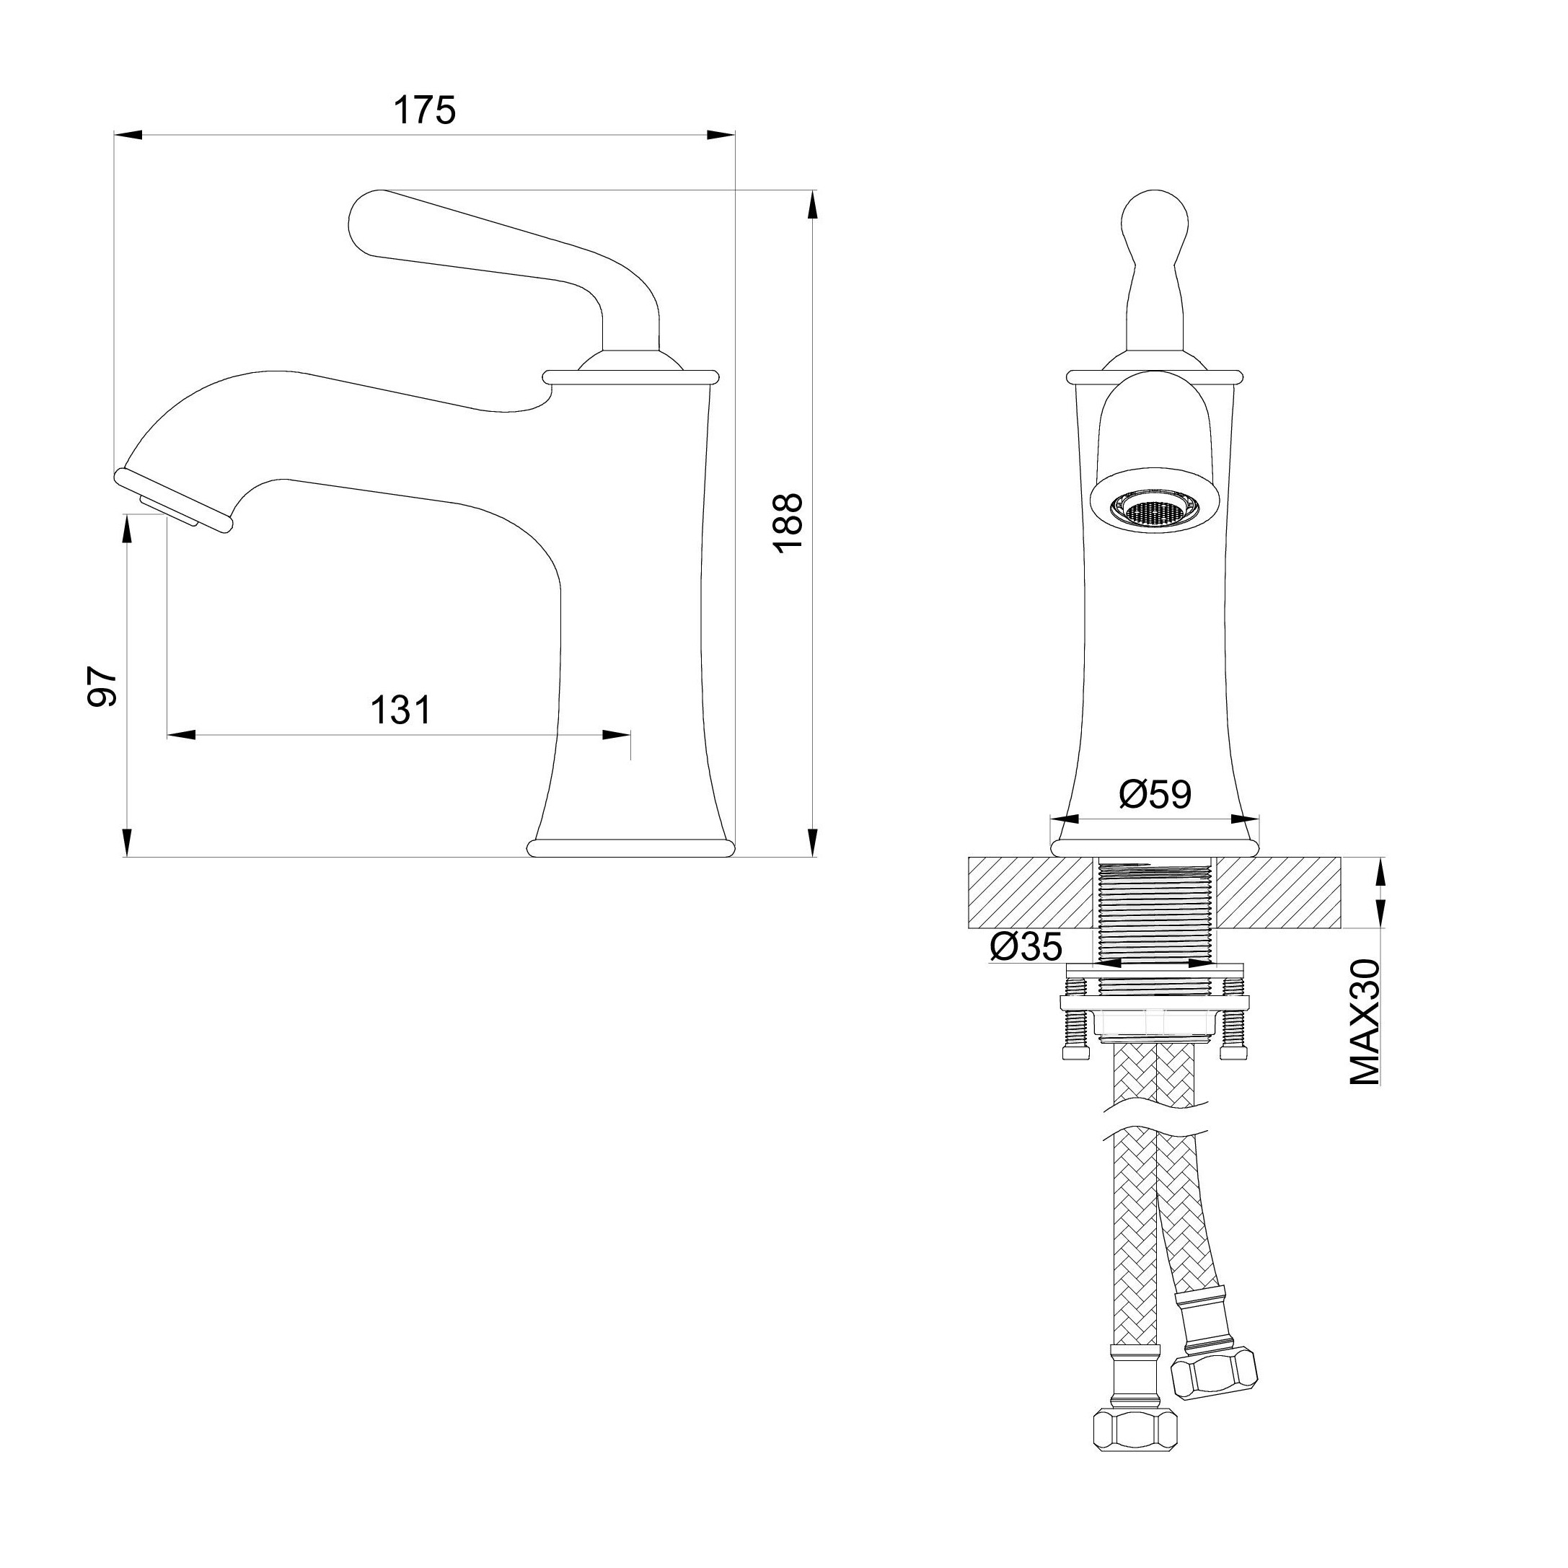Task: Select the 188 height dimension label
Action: pos(788,524)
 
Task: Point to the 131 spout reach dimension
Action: pos(401,710)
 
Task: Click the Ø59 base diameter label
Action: pos(1155,794)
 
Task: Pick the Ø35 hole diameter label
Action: pos(1026,946)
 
